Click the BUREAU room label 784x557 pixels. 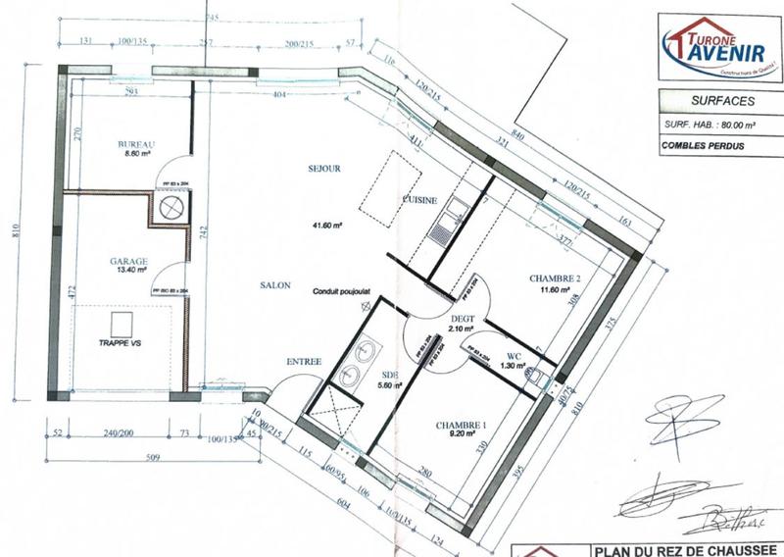[x=137, y=144]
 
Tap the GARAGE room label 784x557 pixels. [x=128, y=262]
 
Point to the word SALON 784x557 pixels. [x=275, y=284]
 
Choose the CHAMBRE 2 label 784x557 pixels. [x=555, y=278]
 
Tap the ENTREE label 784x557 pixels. [x=304, y=363]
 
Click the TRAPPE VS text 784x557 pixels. [x=122, y=345]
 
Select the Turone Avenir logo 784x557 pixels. [x=714, y=44]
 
